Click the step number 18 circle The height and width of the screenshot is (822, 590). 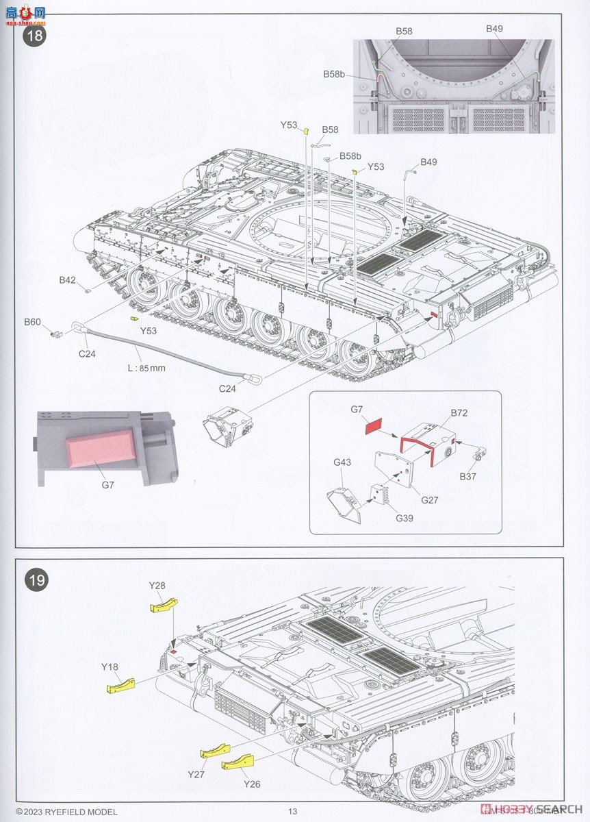[x=35, y=35]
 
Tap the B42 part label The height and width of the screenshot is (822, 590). [x=67, y=279]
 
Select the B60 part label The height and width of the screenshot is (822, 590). [x=32, y=321]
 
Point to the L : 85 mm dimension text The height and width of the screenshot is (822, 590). [x=146, y=368]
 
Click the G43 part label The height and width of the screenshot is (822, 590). [x=342, y=462]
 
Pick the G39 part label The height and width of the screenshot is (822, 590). [x=405, y=519]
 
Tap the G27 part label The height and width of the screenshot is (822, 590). [x=429, y=500]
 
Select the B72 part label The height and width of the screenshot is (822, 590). [x=459, y=414]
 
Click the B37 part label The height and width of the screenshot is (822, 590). [x=468, y=476]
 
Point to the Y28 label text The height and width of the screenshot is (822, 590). [x=157, y=585]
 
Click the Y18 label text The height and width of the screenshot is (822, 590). [x=110, y=666]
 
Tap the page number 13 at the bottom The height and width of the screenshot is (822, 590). [x=293, y=812]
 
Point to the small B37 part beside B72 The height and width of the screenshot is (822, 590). [x=480, y=453]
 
